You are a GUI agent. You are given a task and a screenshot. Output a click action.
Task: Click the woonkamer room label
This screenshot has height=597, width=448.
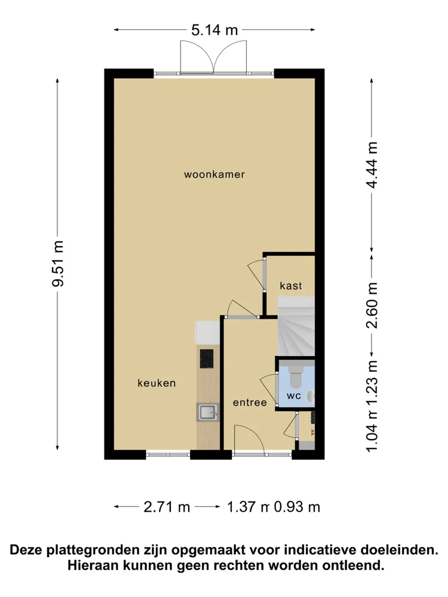coord(214,175)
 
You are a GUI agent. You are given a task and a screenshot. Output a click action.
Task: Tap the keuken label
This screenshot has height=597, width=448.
coord(156,383)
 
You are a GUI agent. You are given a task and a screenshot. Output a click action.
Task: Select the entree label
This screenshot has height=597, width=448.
coord(250,403)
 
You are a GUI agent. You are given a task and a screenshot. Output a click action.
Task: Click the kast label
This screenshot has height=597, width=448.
coord(291,286)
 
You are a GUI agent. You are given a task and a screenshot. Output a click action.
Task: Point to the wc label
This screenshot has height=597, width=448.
coord(293,396)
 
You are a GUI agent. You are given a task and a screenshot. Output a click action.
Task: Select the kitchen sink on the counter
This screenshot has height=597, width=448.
coord(208,412)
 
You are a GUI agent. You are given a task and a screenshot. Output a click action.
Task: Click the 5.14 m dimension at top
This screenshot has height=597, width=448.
coord(214,30)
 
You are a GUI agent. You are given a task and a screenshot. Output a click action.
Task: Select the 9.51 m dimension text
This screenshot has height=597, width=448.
coord(58,263)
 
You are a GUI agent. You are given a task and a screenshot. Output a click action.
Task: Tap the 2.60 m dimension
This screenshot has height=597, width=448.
coord(373,305)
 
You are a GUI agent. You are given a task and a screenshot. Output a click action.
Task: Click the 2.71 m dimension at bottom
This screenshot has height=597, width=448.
coord(167,507)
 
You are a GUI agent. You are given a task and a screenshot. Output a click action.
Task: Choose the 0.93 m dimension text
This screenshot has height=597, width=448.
coord(297,507)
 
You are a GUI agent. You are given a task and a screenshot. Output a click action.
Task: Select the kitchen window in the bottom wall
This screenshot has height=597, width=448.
coord(168,454)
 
